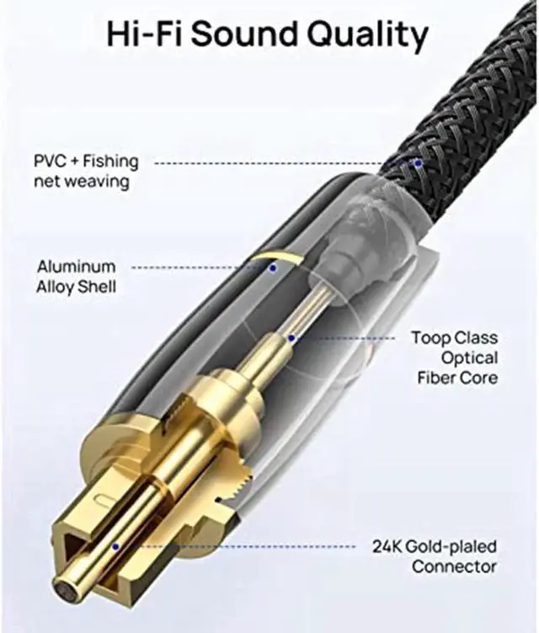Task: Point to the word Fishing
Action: pyautogui.click(x=111, y=161)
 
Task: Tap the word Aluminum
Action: pyautogui.click(x=76, y=267)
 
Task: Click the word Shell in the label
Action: pyautogui.click(x=98, y=287)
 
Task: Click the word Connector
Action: pyautogui.click(x=454, y=566)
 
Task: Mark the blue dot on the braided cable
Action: pyautogui.click(x=418, y=161)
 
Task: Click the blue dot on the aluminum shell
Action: pyautogui.click(x=273, y=268)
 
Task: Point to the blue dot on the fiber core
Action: pyautogui.click(x=291, y=338)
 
